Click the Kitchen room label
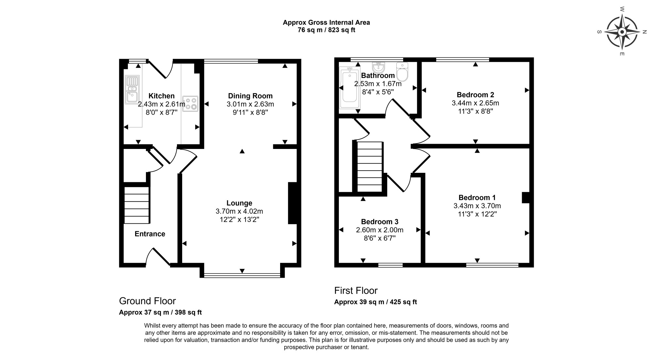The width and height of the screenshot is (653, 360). coord(161,96)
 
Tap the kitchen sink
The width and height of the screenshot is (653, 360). coord(132,90)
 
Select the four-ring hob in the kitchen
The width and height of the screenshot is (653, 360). coord(190,104)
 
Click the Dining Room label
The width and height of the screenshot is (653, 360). coord(250,96)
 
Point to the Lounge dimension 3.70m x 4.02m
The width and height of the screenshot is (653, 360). coord(239,211)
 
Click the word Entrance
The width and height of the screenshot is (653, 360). coord(150,234)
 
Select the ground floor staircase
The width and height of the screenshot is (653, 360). coord(137,205)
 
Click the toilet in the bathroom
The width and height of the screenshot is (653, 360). coord(402,72)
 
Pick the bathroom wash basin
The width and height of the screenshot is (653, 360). coord(378,67)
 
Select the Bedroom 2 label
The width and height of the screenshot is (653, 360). coord(475,95)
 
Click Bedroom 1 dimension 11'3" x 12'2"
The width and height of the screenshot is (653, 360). coord(477,214)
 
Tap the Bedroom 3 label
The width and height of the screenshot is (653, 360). coord(380,222)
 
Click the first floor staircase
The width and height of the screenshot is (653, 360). coord(370,167)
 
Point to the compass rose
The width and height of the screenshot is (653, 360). coord(622,32)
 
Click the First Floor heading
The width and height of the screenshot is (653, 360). coord(356,291)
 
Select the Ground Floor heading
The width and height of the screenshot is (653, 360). coord(147,301)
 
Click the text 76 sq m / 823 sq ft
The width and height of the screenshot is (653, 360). coord(326,30)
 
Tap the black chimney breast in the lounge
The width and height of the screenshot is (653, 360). coord(292,203)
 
